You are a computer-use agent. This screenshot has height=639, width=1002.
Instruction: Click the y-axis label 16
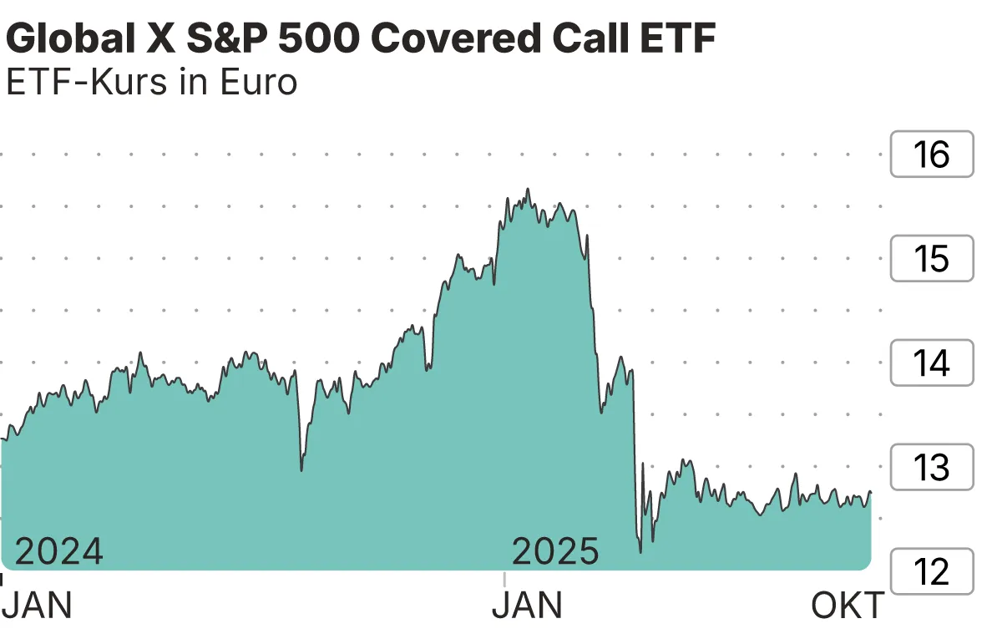click(x=932, y=155)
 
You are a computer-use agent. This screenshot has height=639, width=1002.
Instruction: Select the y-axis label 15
click(x=932, y=259)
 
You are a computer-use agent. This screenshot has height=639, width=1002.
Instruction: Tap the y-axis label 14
click(x=932, y=363)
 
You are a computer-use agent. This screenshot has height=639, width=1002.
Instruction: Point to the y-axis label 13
click(x=932, y=468)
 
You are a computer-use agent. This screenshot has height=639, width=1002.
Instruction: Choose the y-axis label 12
click(x=932, y=572)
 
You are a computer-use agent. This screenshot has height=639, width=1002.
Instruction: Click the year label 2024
click(x=59, y=552)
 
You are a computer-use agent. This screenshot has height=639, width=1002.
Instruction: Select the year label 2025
click(x=555, y=552)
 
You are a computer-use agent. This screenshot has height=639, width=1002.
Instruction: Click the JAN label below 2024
click(x=38, y=606)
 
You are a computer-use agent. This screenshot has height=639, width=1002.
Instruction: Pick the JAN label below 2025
click(x=527, y=606)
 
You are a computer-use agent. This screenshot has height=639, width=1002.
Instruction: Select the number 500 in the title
click(x=357, y=39)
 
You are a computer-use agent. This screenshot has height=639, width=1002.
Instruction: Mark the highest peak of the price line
click(x=528, y=190)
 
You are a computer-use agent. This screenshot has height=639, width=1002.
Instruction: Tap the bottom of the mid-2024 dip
click(x=301, y=470)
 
